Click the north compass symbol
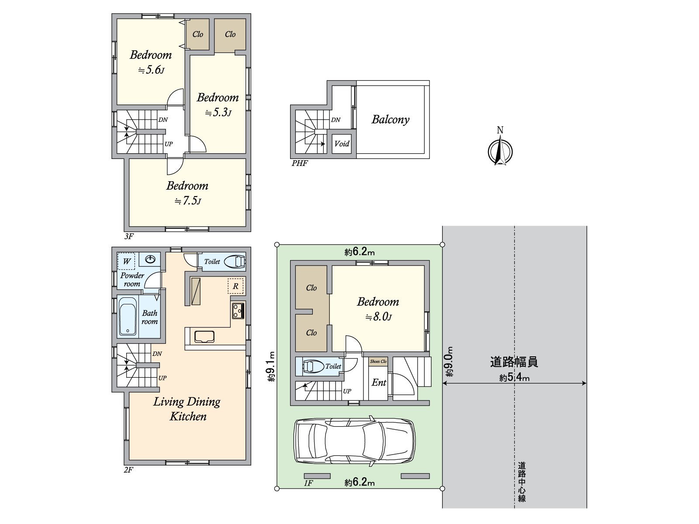point(500,151)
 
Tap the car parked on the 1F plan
point(354,441)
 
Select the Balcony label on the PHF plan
point(391,120)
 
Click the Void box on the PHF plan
point(342,144)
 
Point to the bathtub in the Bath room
point(128,316)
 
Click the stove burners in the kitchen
point(238,310)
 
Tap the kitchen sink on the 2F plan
point(204,337)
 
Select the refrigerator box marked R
point(235,286)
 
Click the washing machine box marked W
point(126,261)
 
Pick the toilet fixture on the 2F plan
point(235,262)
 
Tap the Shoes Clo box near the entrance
point(378,362)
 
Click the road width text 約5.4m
point(514,377)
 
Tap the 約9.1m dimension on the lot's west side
point(271,366)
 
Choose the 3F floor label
point(129,236)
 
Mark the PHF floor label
point(300,163)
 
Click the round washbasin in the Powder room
point(150,260)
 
